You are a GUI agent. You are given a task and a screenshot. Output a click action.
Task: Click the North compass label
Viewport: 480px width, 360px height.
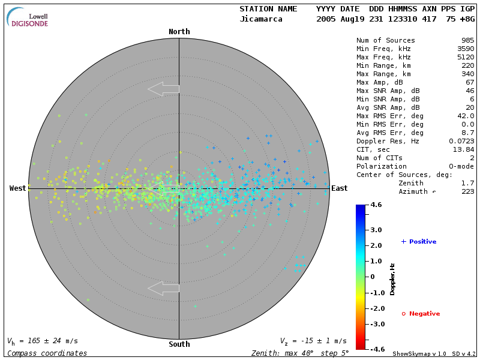[x=179, y=32]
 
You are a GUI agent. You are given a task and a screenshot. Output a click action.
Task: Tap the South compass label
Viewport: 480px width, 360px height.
[x=179, y=344]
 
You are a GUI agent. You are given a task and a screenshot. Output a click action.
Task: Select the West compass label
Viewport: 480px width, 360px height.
[x=18, y=188]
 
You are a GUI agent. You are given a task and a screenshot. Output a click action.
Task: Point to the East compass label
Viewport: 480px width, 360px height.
[x=339, y=188]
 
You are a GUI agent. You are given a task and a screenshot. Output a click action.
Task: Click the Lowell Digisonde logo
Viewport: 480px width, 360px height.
[x=28, y=18]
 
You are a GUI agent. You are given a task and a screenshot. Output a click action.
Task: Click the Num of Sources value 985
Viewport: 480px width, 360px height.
[x=467, y=40]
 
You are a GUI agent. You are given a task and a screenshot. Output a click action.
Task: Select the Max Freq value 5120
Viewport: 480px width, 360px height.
[x=465, y=57]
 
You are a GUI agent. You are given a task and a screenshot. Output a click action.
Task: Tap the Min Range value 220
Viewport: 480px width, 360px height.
[x=467, y=65]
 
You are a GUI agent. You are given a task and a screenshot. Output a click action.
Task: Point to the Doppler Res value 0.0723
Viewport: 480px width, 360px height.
[x=461, y=141]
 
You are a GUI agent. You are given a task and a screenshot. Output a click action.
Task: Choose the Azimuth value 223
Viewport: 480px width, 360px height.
[x=467, y=191]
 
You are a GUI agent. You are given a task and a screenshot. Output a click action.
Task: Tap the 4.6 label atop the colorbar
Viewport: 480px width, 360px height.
[x=376, y=205]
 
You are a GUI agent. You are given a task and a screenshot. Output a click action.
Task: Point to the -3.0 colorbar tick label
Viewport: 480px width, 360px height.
[x=376, y=324]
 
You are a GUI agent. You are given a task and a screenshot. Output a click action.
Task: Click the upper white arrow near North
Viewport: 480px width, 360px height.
[x=163, y=89]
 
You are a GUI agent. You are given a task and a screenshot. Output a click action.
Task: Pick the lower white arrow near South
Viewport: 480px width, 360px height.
[x=163, y=288]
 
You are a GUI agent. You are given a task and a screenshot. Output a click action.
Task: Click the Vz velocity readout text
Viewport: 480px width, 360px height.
[x=313, y=341]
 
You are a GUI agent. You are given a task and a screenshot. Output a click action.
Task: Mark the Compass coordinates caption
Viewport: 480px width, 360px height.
[x=47, y=353]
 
